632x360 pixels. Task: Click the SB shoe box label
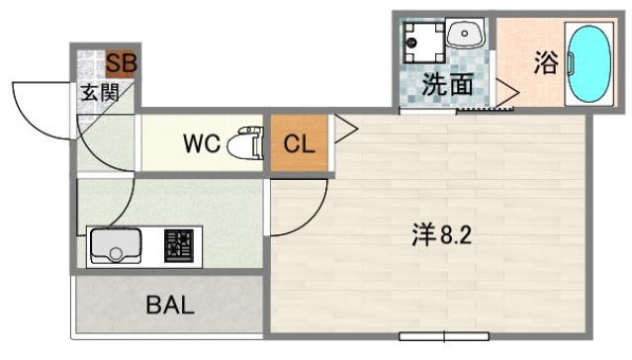tap(122, 64)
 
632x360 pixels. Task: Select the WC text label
tap(201, 142)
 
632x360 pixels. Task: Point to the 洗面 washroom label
tap(447, 86)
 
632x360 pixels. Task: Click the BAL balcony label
tap(170, 305)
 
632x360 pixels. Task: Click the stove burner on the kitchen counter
tap(179, 245)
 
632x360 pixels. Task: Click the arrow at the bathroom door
tap(507, 94)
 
